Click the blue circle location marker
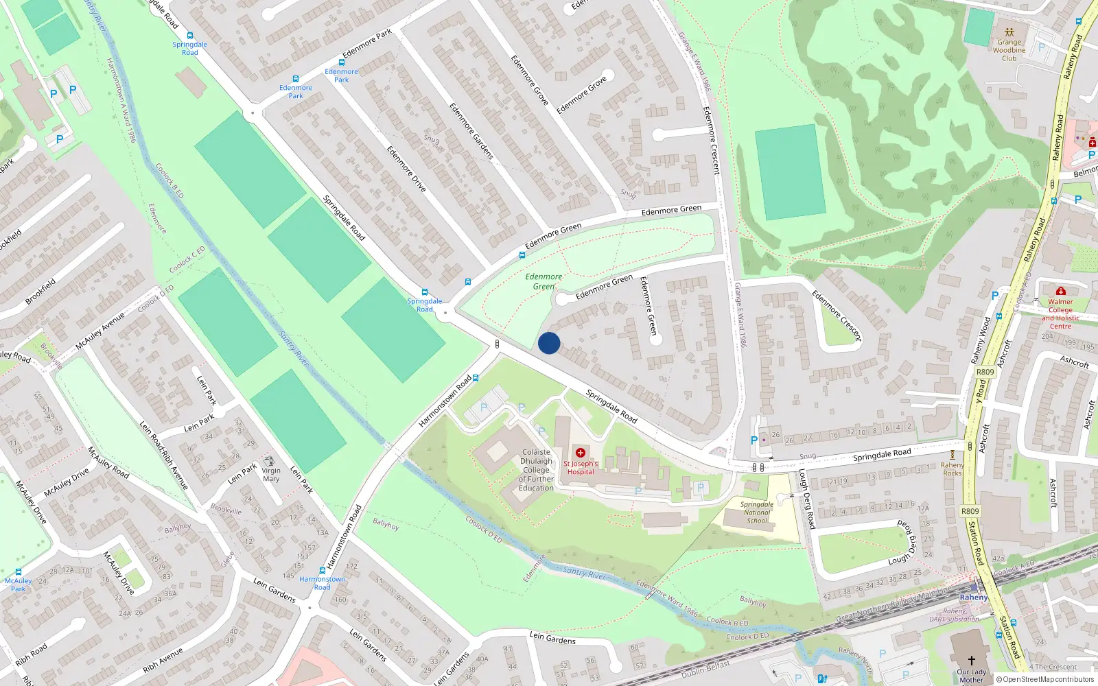pos(549,343)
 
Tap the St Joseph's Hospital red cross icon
pos(581,453)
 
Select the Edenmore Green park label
pos(544,281)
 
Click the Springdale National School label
pos(757,512)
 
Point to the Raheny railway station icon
pos(974,587)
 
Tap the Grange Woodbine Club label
pos(1009,50)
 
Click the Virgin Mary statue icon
pos(270,461)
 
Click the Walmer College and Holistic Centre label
pos(1060,314)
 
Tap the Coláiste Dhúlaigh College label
pos(536,470)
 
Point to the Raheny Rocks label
pos(952,469)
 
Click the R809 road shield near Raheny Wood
pos(985,372)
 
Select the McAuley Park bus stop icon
pos(19,572)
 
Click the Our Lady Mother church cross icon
pos(971,660)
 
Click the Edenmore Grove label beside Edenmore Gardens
pos(529,80)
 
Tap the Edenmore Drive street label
pos(406,169)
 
